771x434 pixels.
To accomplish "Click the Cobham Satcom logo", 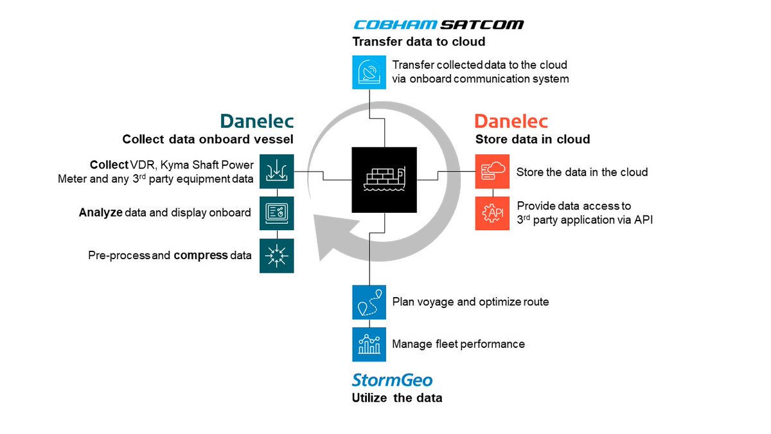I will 438,25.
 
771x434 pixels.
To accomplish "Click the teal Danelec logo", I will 257,122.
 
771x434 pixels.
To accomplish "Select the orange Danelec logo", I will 511,122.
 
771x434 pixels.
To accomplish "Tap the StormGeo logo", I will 392,379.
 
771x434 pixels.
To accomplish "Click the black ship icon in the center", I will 384,179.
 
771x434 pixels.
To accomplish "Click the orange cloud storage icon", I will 492,172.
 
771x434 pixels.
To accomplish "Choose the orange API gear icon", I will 492,213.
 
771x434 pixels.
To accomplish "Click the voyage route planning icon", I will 369,302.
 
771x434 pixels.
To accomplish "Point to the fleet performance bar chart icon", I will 369,344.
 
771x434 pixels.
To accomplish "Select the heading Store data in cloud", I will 532,140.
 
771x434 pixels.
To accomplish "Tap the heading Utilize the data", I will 397,398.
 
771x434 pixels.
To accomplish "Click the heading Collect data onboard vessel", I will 208,140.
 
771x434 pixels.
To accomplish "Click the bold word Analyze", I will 100,212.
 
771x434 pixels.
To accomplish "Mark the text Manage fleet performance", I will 458,344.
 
